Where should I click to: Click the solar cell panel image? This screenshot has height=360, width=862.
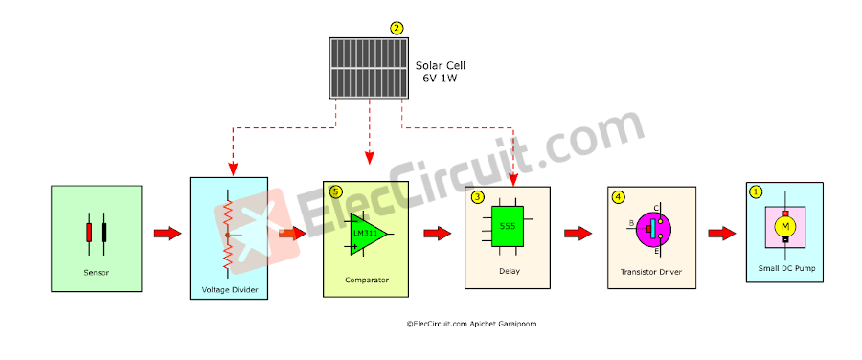(x=368, y=68)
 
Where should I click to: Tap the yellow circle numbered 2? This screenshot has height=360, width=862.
(x=397, y=29)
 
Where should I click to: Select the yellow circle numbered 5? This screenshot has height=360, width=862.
(x=335, y=191)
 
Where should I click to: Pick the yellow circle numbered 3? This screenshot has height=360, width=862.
(x=477, y=197)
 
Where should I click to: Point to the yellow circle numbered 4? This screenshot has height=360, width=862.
(x=618, y=197)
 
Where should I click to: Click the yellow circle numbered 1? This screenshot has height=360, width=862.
(x=756, y=191)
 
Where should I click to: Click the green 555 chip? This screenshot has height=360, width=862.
(x=508, y=226)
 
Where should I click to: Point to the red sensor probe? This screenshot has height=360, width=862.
(x=89, y=233)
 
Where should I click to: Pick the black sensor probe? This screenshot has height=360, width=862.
(x=103, y=233)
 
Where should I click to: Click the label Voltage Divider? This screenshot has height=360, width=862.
(x=229, y=289)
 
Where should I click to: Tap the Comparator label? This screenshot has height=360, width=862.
(x=365, y=281)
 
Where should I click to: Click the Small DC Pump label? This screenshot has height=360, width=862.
(x=783, y=269)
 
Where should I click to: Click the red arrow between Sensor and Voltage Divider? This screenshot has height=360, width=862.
(x=167, y=233)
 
